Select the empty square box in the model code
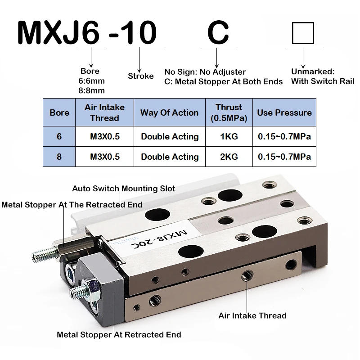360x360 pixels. (x=303, y=32)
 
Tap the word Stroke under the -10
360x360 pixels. (x=140, y=76)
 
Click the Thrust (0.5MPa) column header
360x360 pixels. (x=229, y=112)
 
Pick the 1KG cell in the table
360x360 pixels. (x=229, y=136)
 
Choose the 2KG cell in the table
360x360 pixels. (x=229, y=157)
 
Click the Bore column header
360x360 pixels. (x=59, y=112)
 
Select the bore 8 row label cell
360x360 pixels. (x=59, y=157)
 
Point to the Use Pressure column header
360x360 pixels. (x=284, y=112)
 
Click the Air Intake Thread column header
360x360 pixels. (x=104, y=112)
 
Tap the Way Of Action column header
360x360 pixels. (x=169, y=112)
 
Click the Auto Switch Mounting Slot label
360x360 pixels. (x=124, y=189)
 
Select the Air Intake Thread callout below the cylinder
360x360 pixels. (x=252, y=315)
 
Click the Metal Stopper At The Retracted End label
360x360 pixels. (x=72, y=205)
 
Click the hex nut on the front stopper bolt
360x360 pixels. (x=89, y=286)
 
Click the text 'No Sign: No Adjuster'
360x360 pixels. (x=205, y=72)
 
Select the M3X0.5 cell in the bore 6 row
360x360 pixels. (x=104, y=136)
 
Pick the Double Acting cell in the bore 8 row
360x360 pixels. (x=169, y=157)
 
